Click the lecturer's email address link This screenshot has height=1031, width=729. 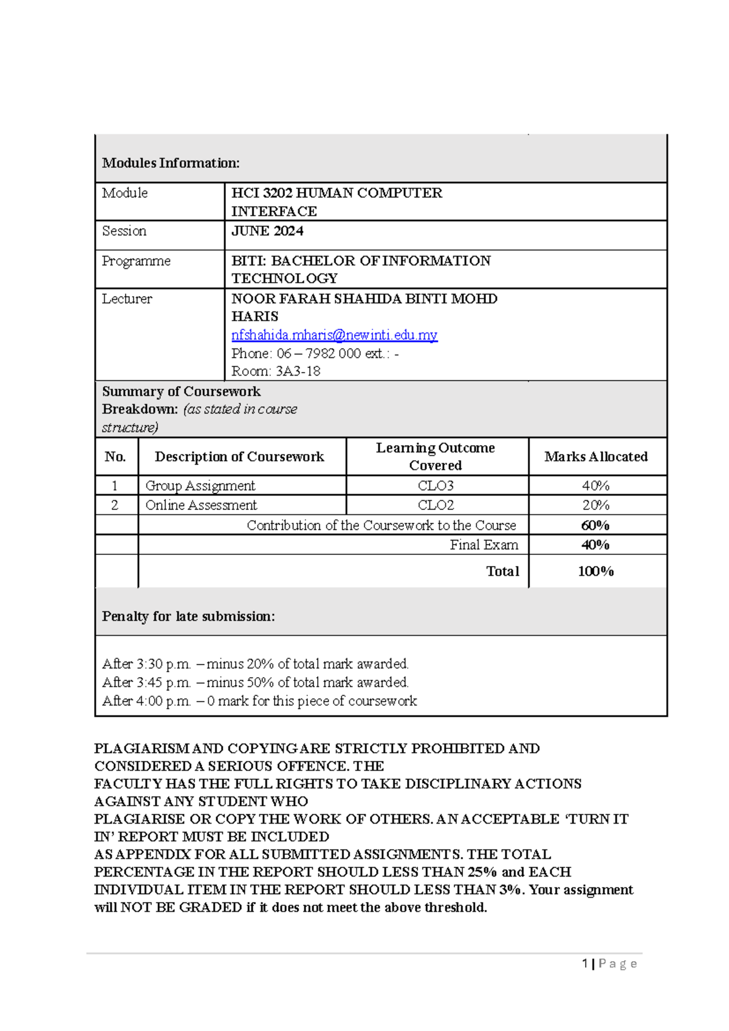[x=334, y=335]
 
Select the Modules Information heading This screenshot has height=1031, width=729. [x=171, y=163]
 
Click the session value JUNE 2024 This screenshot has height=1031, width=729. [x=267, y=231]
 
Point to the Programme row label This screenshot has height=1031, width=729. [x=136, y=261]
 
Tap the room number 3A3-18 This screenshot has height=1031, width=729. [x=298, y=371]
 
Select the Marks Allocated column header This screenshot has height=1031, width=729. [x=596, y=457]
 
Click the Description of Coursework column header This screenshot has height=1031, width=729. [x=239, y=457]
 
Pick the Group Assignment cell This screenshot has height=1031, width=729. [x=200, y=486]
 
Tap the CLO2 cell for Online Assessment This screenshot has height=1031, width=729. [x=436, y=505]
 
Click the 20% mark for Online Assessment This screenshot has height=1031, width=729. [x=595, y=505]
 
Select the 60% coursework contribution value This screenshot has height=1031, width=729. [x=595, y=525]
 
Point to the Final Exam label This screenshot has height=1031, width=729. [x=484, y=545]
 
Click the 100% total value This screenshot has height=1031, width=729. [x=595, y=571]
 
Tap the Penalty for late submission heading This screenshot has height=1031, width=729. [x=188, y=616]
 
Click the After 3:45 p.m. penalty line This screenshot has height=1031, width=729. [x=255, y=682]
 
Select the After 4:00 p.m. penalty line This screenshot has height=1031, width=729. [x=259, y=701]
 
